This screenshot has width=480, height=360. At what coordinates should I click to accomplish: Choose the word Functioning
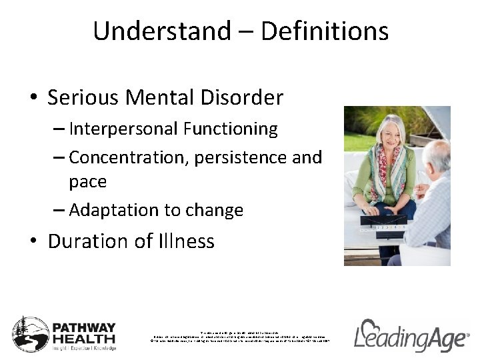229,129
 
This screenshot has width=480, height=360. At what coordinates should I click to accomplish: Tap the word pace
87,182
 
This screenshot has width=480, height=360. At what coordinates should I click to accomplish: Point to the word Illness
185,241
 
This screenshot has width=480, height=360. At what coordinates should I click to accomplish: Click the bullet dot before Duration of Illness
34,241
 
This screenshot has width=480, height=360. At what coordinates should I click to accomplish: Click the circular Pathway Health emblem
31,334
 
